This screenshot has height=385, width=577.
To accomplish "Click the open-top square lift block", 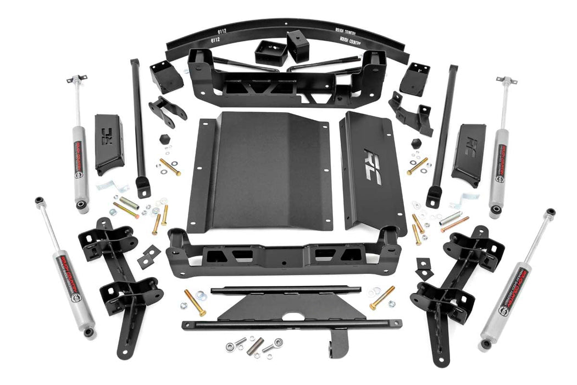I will click(271, 53).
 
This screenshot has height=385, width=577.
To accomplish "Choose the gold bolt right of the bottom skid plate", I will click(382, 298).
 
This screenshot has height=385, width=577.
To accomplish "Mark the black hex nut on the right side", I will click(416, 142).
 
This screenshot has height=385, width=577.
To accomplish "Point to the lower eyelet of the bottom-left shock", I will click(88, 333).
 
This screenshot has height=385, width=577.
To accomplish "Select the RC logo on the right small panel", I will click(469, 148).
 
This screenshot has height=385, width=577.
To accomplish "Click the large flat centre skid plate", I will click(261, 170).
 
